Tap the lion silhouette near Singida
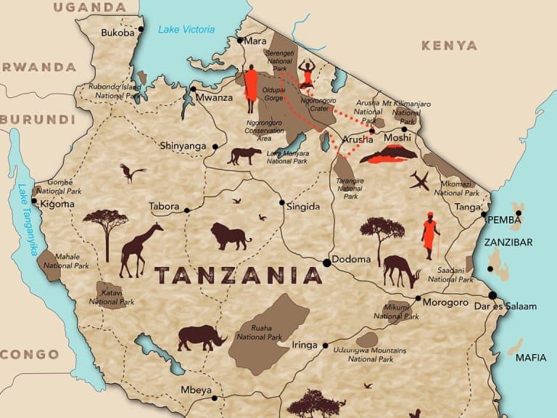(x=230, y=237)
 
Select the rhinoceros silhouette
(x=202, y=337)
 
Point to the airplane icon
(x=419, y=181)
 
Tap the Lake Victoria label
(x=186, y=30)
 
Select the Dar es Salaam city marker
(x=492, y=295)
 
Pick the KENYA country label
(x=449, y=46)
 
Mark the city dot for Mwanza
(x=194, y=89)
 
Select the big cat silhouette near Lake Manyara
(x=244, y=156)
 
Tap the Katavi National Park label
(x=110, y=297)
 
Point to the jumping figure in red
(x=307, y=73)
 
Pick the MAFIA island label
(x=531, y=358)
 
